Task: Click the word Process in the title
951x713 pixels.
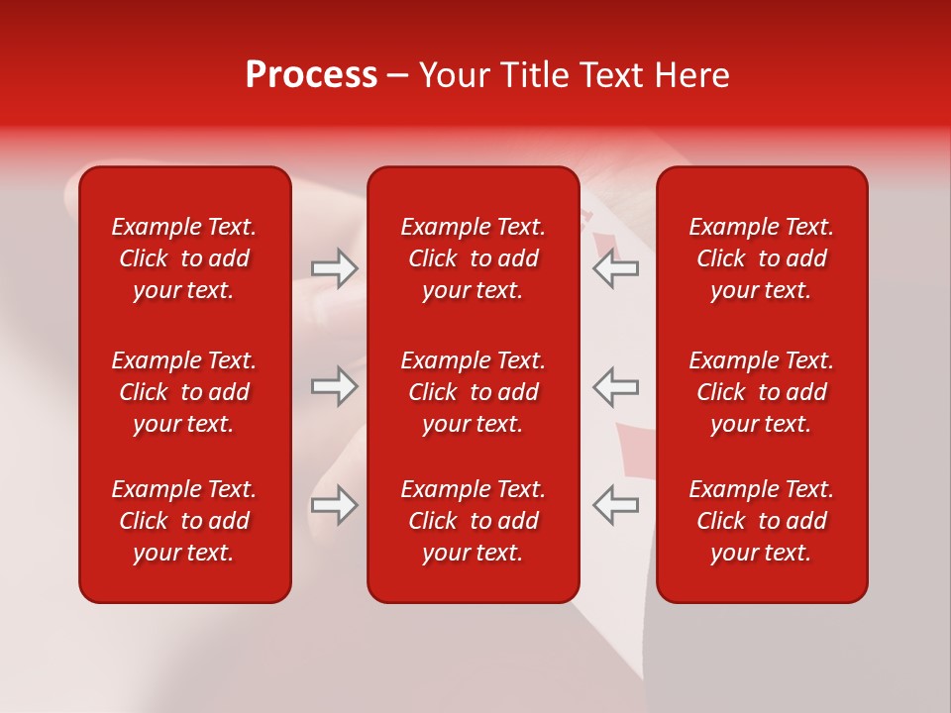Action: click(311, 75)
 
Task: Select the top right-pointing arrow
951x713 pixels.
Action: click(334, 268)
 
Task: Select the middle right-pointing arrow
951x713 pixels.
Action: click(334, 386)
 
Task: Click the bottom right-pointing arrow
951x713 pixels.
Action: click(334, 505)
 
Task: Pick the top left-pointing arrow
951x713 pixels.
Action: click(616, 268)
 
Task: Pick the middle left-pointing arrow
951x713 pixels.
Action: click(616, 386)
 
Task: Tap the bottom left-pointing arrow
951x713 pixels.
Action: click(616, 505)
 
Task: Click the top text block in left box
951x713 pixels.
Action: click(184, 258)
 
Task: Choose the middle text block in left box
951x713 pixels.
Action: click(184, 392)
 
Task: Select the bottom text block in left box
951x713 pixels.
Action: click(184, 521)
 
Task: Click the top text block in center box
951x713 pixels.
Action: click(473, 258)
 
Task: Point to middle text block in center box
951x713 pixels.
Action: click(473, 392)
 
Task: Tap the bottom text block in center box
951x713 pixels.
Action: click(473, 521)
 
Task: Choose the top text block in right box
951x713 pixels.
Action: click(761, 258)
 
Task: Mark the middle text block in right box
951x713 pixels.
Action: click(761, 392)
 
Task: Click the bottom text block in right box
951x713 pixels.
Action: click(761, 521)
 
